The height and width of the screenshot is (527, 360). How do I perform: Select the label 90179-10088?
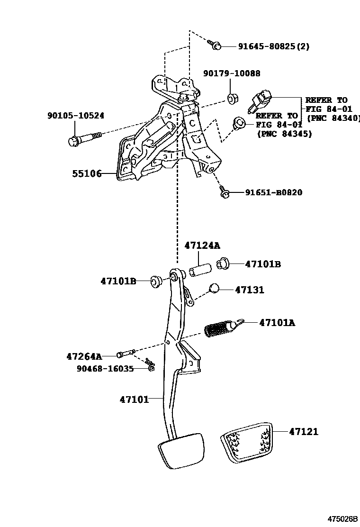(x=232, y=74)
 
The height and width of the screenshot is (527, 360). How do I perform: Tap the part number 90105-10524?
(x=76, y=116)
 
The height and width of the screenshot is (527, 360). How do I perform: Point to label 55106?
(x=87, y=174)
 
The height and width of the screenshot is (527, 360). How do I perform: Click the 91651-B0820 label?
(x=273, y=192)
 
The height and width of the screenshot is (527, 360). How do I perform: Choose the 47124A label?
(x=202, y=245)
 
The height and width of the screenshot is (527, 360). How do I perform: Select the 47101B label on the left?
(x=118, y=281)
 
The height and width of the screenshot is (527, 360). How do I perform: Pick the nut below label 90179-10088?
(x=232, y=99)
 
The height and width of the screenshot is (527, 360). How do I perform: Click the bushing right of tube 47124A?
(x=223, y=263)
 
